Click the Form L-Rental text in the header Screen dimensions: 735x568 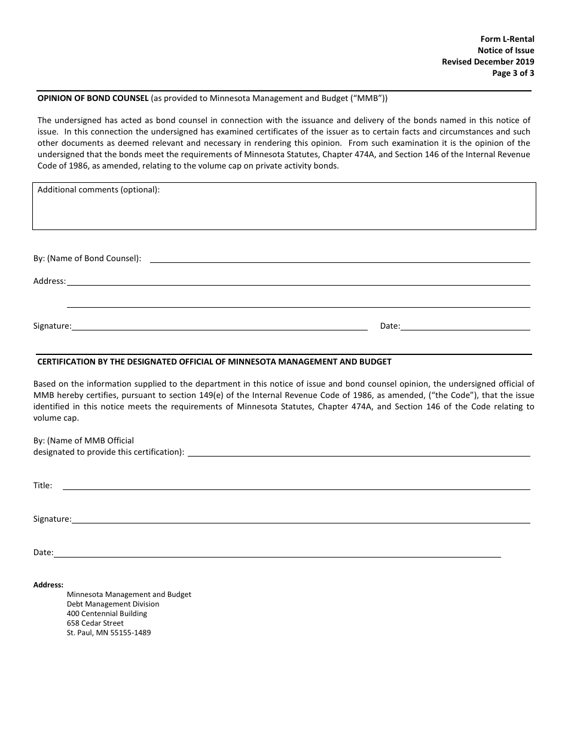(507, 39)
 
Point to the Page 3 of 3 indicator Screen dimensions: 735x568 (513, 73)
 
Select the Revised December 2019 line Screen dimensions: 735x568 (488, 62)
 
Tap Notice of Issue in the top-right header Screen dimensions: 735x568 (506, 51)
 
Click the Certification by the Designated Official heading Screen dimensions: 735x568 (214, 362)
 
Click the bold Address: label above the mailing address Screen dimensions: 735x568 (48, 585)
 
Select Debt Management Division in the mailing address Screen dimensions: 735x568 (113, 604)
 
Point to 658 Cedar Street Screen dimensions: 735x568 (95, 623)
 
